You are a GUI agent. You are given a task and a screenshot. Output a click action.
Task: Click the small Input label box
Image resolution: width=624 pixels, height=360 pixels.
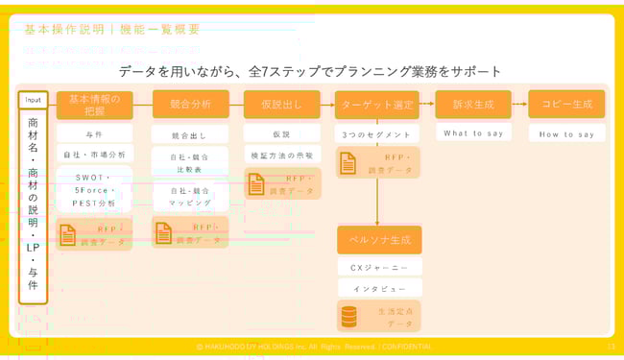coord(33,100)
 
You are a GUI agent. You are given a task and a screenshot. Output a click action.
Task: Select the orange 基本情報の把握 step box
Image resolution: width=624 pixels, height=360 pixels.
coord(94,104)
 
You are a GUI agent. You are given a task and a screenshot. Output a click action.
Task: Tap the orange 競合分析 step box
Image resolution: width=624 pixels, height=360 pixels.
coord(190,104)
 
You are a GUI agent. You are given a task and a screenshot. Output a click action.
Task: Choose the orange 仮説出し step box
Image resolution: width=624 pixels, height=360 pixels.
coord(281,104)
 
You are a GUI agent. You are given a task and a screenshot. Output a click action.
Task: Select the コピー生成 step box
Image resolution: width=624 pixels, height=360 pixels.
coord(566,104)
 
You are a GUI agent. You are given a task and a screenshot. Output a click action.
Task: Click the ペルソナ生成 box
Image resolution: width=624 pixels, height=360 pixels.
coord(378,239)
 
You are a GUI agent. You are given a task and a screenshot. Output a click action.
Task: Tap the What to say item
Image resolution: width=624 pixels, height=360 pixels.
coord(472,133)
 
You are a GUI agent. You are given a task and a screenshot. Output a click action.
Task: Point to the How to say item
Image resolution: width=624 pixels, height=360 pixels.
coord(566,134)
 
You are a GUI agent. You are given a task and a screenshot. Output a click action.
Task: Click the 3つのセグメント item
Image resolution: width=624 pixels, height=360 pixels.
coord(378,133)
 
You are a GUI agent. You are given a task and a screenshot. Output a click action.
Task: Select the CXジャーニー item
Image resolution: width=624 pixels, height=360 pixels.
coord(378,267)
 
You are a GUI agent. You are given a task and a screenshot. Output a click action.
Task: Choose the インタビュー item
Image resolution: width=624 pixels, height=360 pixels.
coord(378,288)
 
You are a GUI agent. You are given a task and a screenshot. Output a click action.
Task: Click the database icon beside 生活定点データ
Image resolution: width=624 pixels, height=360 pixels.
coord(350,316)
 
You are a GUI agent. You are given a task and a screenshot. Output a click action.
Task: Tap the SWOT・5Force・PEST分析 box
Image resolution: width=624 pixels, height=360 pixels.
coord(94,190)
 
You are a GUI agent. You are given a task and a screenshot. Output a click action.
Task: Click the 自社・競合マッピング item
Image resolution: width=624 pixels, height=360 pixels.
coord(190,197)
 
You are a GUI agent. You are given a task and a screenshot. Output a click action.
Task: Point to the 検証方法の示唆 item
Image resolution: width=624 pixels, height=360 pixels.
coord(281,155)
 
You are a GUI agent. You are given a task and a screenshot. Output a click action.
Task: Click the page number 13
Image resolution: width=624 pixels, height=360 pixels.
coord(611,346)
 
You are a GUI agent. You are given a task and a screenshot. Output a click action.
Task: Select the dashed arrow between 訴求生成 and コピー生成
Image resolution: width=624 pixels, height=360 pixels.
coord(519,104)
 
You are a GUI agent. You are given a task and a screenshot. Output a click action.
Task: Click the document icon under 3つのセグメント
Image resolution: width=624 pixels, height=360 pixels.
coord(349,162)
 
